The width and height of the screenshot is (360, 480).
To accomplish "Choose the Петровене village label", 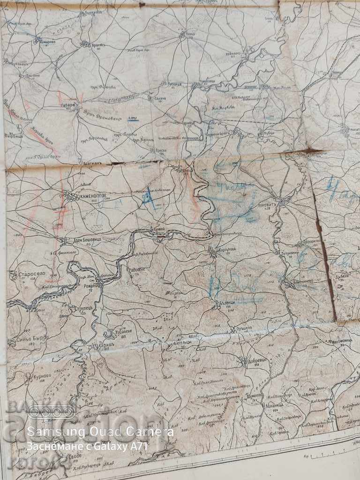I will point(293,253).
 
